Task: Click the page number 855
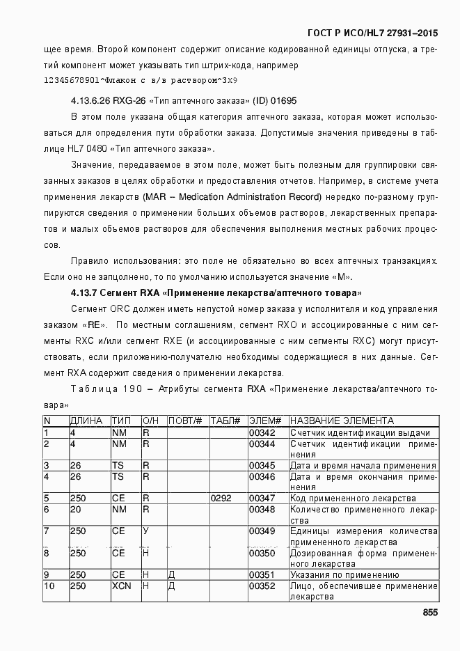[429, 613]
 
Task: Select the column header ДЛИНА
[86, 421]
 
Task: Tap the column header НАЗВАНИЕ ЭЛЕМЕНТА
[342, 421]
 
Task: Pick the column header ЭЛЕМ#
[264, 421]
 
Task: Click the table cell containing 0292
[221, 499]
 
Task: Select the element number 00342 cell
[262, 433]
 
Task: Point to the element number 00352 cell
[262, 586]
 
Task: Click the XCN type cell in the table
[121, 586]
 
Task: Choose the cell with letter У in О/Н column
[146, 532]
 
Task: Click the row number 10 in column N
[49, 586]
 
